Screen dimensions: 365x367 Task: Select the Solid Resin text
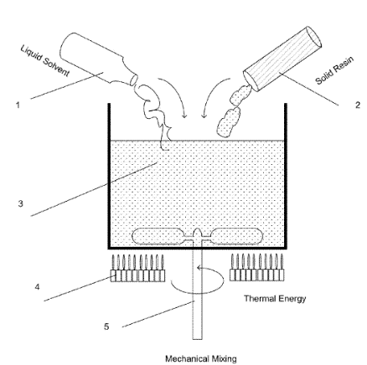327,73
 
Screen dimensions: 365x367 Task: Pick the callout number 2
358,105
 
